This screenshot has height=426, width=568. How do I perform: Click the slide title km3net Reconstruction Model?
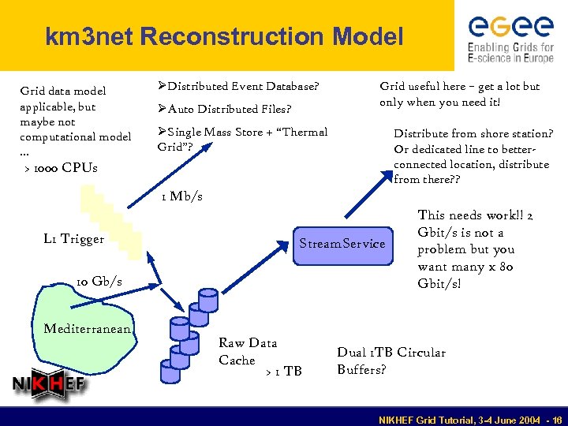pyautogui.click(x=224, y=36)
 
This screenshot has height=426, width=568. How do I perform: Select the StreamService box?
pyautogui.click(x=341, y=243)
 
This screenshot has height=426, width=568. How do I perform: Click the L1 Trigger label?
pyautogui.click(x=73, y=239)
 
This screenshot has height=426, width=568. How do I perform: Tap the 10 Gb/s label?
pyautogui.click(x=99, y=282)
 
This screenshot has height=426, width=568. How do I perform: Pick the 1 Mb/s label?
pyautogui.click(x=181, y=196)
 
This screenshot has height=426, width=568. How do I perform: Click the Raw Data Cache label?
pyautogui.click(x=247, y=351)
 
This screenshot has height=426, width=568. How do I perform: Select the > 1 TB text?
pyautogui.click(x=283, y=371)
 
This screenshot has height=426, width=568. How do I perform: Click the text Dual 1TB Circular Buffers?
pyautogui.click(x=390, y=361)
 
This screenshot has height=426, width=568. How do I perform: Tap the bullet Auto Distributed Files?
pyautogui.click(x=224, y=109)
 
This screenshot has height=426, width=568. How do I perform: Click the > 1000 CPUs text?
pyautogui.click(x=61, y=167)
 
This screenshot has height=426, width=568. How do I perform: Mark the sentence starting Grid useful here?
pyautogui.click(x=459, y=94)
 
